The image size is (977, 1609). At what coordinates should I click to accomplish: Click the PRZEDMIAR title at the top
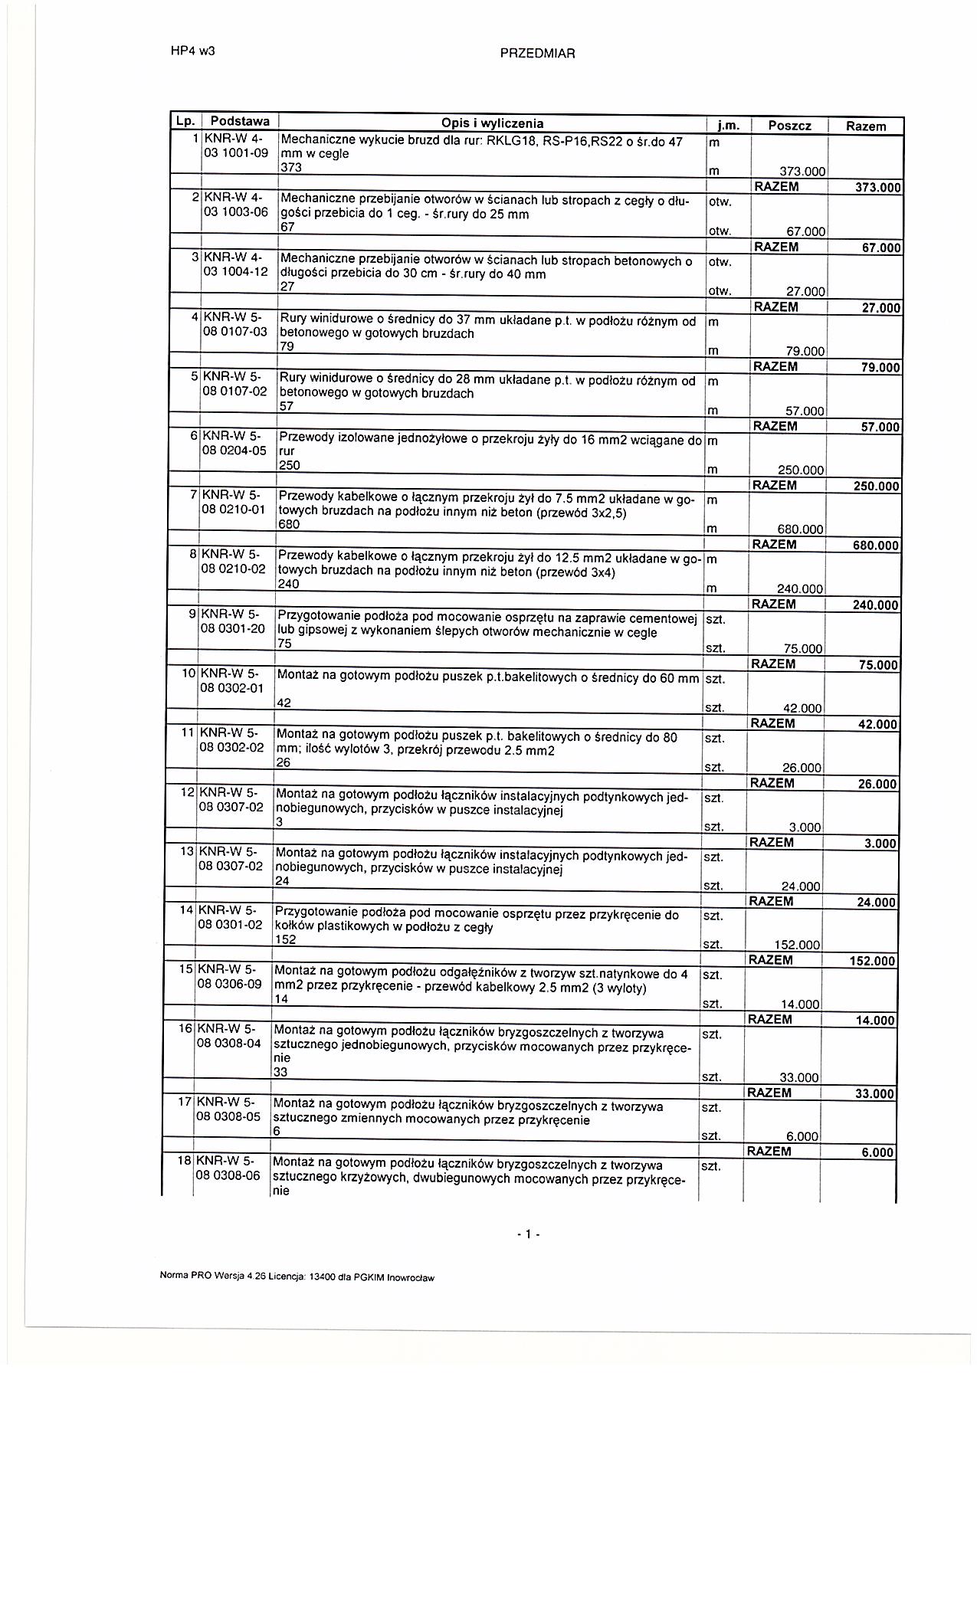pos(536,54)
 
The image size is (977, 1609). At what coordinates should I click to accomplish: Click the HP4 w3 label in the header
pos(192,52)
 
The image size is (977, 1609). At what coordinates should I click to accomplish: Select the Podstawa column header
pos(239,122)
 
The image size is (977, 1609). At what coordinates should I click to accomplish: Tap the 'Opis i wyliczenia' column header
pos(492,123)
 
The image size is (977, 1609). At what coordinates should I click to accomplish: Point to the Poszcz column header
pos(788,126)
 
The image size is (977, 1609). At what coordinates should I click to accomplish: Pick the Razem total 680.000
pos(875,546)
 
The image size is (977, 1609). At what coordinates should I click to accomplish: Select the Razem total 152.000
pos(872,962)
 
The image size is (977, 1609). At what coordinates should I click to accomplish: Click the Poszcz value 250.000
pos(800,470)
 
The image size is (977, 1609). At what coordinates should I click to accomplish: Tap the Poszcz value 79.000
pos(804,352)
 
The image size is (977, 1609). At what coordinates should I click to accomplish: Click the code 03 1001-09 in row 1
pos(236,153)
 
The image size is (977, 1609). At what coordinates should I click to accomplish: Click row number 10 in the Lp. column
pos(188,674)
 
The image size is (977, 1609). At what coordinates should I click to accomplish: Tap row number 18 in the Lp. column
pos(184,1161)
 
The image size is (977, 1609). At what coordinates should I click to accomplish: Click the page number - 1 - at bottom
pos(528,1234)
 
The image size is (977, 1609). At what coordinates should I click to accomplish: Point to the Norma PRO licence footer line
pos(297,1277)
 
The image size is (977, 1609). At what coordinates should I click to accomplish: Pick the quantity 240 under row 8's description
pos(289,585)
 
